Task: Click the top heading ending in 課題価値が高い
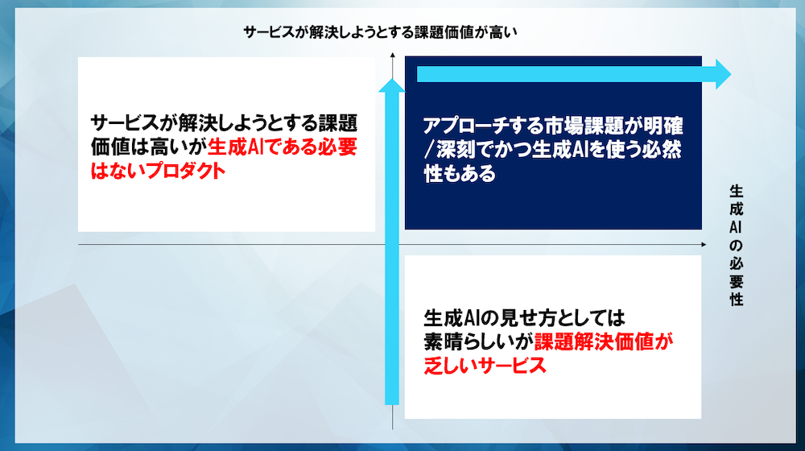[380, 32]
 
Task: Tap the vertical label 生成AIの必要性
[737, 246]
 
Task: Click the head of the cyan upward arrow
[392, 85]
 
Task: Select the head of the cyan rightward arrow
[724, 74]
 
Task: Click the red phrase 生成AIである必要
[282, 147]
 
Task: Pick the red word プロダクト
[184, 171]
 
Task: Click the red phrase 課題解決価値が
[604, 341]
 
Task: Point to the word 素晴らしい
[471, 341]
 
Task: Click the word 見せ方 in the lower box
[544, 318]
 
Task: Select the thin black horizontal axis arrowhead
[704, 245]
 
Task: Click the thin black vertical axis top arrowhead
[392, 55]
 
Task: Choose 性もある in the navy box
[460, 173]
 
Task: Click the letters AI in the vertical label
[737, 227]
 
